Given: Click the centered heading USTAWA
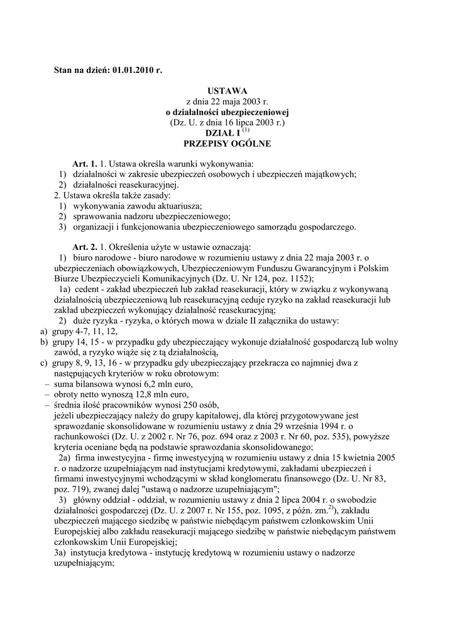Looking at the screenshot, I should point(227,91).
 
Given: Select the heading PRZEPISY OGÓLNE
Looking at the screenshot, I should point(227,144).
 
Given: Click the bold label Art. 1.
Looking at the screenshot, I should point(85,164).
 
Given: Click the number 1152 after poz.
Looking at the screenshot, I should point(301,278).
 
